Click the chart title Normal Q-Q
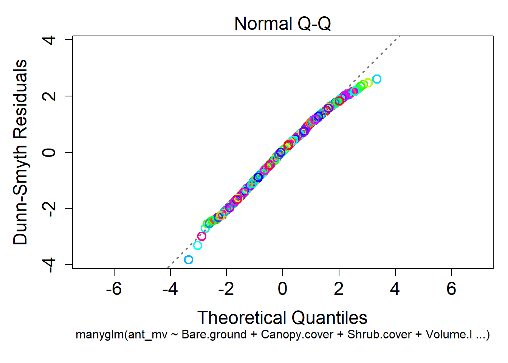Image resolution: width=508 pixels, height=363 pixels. [x=282, y=23]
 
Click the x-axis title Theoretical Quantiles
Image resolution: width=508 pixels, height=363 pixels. [x=282, y=318]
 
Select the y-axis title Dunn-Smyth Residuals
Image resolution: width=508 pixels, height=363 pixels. [x=20, y=152]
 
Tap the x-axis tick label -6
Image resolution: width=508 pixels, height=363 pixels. [x=114, y=289]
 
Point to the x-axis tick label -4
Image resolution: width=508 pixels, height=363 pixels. [x=170, y=289]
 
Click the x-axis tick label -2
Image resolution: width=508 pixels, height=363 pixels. [x=226, y=289]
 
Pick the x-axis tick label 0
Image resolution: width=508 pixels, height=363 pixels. [x=282, y=289]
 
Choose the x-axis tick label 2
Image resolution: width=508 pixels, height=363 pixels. [x=339, y=289]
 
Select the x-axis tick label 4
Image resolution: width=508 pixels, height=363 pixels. [x=395, y=289]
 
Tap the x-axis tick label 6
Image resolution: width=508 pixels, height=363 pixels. [x=451, y=289]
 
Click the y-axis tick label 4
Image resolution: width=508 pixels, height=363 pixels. [x=49, y=40]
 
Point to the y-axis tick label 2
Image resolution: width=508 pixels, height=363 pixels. [x=49, y=96]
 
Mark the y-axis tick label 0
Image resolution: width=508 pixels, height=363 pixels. [x=49, y=152]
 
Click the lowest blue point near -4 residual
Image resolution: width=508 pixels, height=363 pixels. [x=189, y=260]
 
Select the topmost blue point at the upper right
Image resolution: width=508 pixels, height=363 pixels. [x=376, y=79]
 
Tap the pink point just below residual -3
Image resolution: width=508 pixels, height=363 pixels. [x=202, y=236]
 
